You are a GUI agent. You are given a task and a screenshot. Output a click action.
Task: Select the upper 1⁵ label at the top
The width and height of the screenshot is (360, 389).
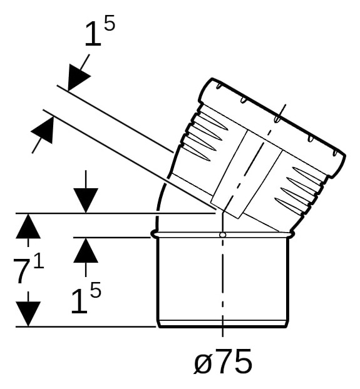click(x=100, y=31)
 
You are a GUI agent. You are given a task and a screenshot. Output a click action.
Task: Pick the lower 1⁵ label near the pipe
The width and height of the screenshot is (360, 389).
click(x=86, y=298)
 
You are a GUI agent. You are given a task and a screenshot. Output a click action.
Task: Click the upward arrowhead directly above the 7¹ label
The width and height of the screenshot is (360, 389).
click(x=28, y=226)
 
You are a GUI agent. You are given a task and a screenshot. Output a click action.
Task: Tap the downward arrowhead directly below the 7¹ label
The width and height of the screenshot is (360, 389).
click(x=28, y=314)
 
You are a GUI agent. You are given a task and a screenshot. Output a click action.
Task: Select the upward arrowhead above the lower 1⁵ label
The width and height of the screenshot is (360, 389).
click(x=86, y=250)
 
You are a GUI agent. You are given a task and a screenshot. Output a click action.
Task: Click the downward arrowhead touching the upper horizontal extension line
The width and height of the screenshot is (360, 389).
click(x=86, y=201)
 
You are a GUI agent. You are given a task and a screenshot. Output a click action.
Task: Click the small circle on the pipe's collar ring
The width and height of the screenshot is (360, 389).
click(x=223, y=235)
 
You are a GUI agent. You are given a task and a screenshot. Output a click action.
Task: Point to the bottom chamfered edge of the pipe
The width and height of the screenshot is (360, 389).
click(x=223, y=324)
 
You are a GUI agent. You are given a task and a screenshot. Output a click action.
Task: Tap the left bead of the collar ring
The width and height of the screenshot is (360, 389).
click(x=154, y=235)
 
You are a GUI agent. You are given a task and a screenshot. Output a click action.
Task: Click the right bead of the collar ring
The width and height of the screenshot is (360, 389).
click(x=292, y=235)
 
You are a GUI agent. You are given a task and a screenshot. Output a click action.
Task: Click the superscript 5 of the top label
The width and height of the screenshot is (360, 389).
click(x=110, y=23)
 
